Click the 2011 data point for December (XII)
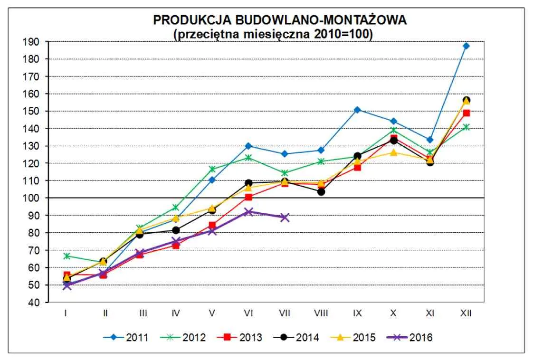click(x=466, y=46)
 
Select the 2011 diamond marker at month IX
click(x=357, y=110)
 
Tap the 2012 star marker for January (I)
click(x=67, y=256)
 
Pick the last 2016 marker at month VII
click(x=285, y=218)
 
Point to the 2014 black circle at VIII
click(x=321, y=192)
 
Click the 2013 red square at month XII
click(x=466, y=113)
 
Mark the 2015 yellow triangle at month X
click(x=393, y=152)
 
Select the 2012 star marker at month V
click(x=212, y=169)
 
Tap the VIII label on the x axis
click(x=321, y=313)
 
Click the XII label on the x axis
click(x=466, y=313)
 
